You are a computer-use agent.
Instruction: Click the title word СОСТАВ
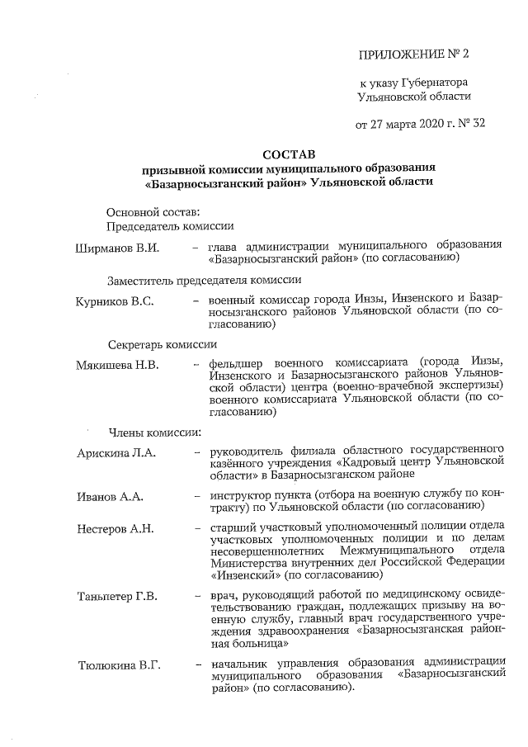pyautogui.click(x=288, y=154)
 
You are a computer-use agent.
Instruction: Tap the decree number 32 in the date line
pyautogui.click(x=476, y=125)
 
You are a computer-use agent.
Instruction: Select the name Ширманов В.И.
pyautogui.click(x=116, y=246)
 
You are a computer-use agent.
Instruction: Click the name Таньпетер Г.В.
pyautogui.click(x=117, y=596)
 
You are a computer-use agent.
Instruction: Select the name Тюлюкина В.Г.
pyautogui.click(x=120, y=664)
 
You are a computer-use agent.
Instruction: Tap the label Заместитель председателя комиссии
pyautogui.click(x=204, y=280)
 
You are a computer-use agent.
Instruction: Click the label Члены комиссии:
pyautogui.click(x=150, y=432)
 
